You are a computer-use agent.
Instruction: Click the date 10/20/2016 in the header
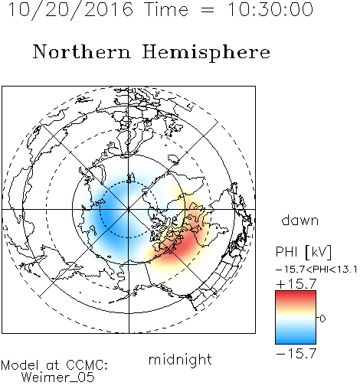tap(70, 10)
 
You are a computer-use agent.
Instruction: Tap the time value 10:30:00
tap(270, 10)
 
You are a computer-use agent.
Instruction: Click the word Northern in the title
tap(82, 51)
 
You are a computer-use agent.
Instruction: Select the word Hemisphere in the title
tap(206, 53)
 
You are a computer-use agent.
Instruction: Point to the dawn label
tap(300, 220)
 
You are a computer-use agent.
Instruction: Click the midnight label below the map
tap(180, 359)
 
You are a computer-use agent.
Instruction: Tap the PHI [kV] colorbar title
tap(303, 252)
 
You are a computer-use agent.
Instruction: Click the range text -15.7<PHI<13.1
tap(316, 270)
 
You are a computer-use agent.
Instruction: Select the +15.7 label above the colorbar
tap(296, 284)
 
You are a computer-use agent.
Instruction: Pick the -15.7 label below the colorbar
tap(296, 354)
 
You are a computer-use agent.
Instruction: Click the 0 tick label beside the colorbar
tap(322, 319)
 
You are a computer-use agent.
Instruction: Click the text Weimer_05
tap(58, 378)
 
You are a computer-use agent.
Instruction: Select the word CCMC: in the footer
tap(87, 365)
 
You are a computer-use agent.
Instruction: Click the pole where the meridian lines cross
tap(129, 210)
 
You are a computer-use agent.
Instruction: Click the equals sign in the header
tap(208, 10)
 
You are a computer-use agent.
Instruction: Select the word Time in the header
tap(166, 10)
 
